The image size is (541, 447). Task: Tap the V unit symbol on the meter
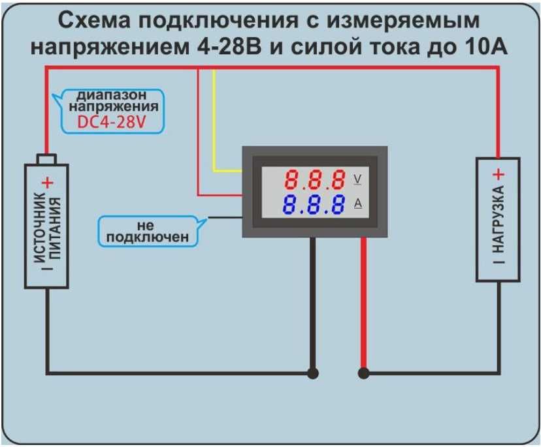357,179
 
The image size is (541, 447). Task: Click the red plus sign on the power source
47,183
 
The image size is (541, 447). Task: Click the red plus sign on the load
498,175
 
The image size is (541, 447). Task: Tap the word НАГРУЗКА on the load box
498,219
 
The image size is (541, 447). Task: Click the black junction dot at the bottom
313,373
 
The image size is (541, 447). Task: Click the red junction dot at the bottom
363,373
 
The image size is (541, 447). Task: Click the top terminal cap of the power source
47,159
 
